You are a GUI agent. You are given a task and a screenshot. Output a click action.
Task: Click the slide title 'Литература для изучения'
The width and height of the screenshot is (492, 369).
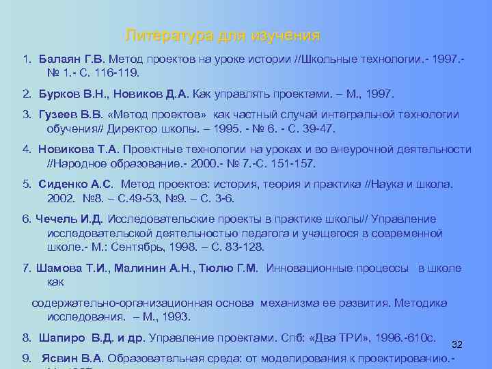pos(223,35)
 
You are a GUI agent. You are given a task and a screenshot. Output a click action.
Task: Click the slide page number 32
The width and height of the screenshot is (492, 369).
pos(458,344)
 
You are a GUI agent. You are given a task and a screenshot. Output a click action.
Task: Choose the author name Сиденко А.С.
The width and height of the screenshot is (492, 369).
pos(74,184)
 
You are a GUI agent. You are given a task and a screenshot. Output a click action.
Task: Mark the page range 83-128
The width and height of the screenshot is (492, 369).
pos(240,247)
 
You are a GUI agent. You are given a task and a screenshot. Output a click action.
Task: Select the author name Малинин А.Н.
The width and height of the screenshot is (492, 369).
pos(150,269)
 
